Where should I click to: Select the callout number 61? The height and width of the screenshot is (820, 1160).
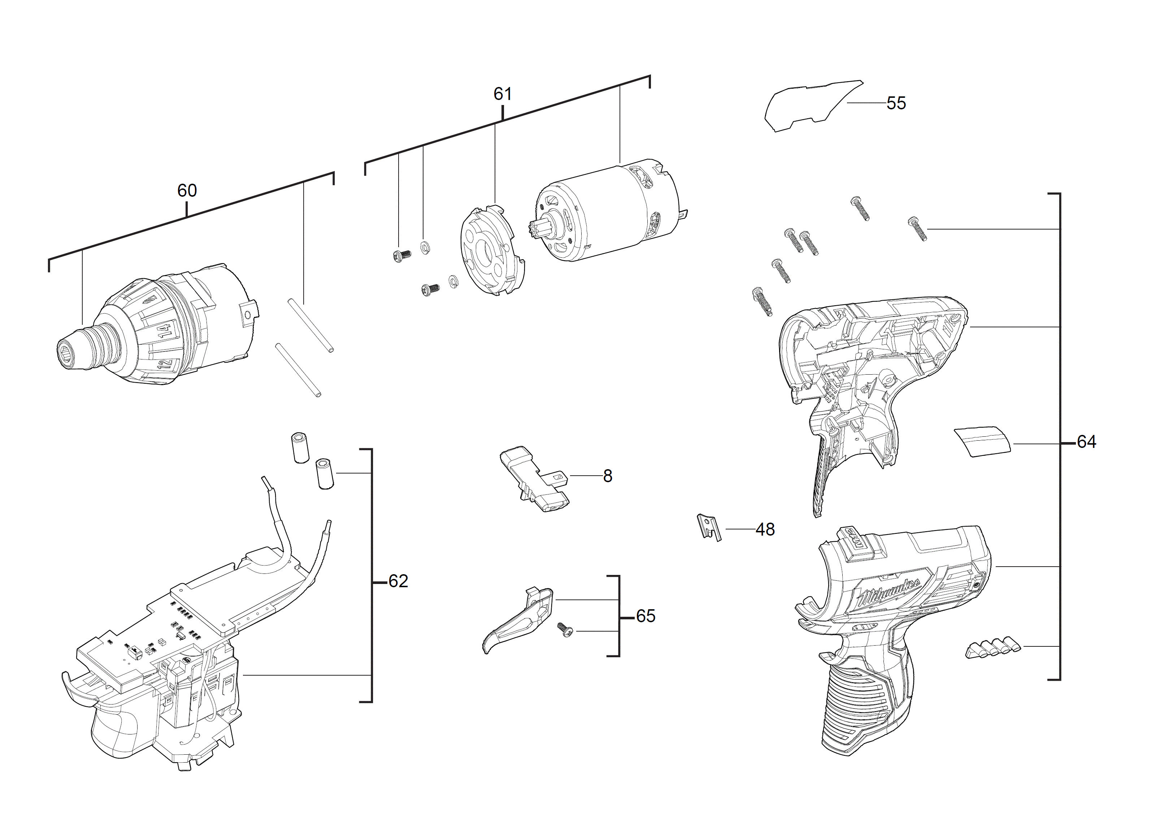pos(502,94)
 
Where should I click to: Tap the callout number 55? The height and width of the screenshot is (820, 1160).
pos(896,104)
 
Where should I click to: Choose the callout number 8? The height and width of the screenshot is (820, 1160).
pos(607,476)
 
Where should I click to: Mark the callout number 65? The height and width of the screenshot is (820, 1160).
pos(645,616)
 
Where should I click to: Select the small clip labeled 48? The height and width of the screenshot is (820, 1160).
pos(709,527)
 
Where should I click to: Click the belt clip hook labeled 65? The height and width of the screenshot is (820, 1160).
pos(520,619)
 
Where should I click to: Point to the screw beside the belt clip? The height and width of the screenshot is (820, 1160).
pos(565,630)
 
